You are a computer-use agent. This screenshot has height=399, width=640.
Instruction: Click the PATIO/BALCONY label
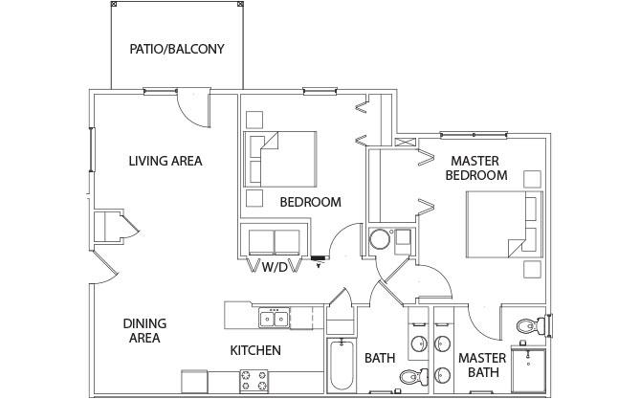click(x=177, y=49)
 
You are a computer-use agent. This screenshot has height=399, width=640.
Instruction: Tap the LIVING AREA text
click(x=166, y=161)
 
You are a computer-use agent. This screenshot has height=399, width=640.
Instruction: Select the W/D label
click(x=275, y=268)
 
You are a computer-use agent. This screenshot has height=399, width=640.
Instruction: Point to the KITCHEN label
click(x=255, y=350)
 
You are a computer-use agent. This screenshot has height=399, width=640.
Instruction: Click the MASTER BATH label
click(x=482, y=366)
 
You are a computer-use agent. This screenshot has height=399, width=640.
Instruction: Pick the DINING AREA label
click(x=144, y=331)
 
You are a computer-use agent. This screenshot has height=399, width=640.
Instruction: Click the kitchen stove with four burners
click(x=254, y=381)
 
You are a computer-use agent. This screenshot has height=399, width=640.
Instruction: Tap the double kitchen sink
click(x=274, y=318)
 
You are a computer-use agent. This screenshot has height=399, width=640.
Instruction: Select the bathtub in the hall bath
click(x=342, y=365)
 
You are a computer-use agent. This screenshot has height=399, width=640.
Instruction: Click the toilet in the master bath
click(x=531, y=326)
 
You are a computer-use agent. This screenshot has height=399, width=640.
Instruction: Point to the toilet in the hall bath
click(x=414, y=376)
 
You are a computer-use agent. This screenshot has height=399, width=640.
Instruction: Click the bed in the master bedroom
click(x=504, y=224)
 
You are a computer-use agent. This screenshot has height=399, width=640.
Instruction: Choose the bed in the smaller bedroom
click(x=280, y=159)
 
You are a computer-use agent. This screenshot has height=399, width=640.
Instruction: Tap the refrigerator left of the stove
click(x=194, y=382)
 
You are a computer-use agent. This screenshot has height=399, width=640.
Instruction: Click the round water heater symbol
click(x=380, y=239)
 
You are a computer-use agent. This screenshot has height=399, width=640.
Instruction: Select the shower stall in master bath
click(x=529, y=370)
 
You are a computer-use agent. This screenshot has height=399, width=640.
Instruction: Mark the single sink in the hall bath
click(x=419, y=344)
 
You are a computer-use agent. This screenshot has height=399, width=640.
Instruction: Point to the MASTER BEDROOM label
click(x=475, y=167)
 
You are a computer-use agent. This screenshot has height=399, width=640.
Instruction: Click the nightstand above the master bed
click(x=532, y=179)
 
